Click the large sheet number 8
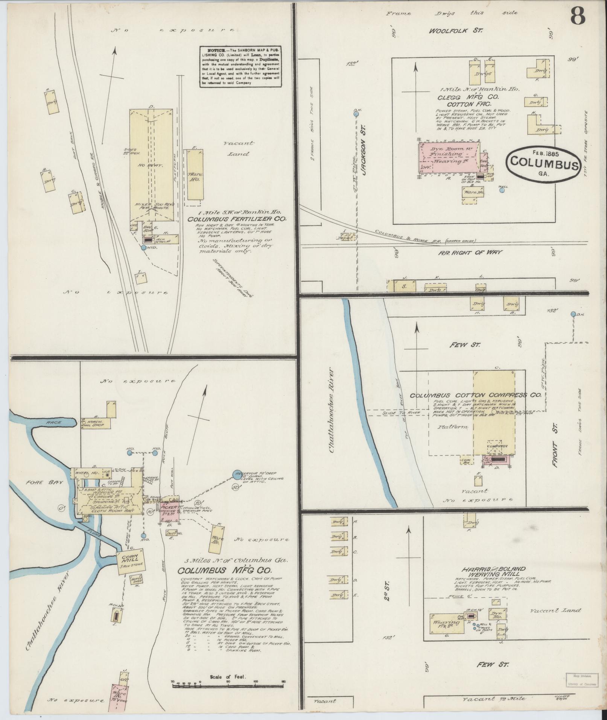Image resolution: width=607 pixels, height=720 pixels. tap(577, 17)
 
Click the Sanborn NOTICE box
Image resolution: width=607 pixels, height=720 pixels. tap(240, 67)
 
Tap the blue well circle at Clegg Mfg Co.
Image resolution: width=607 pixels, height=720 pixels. tap(502, 190)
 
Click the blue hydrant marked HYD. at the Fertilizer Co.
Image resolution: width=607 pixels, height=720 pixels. tap(143, 248)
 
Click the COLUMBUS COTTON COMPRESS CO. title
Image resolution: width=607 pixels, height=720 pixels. tap(475, 395)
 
